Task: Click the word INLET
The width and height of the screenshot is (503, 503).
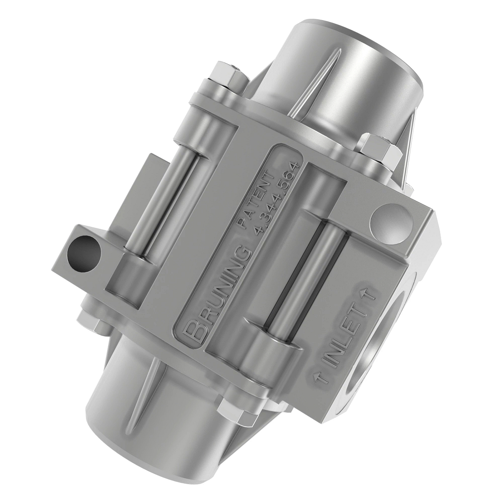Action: point(343,336)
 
